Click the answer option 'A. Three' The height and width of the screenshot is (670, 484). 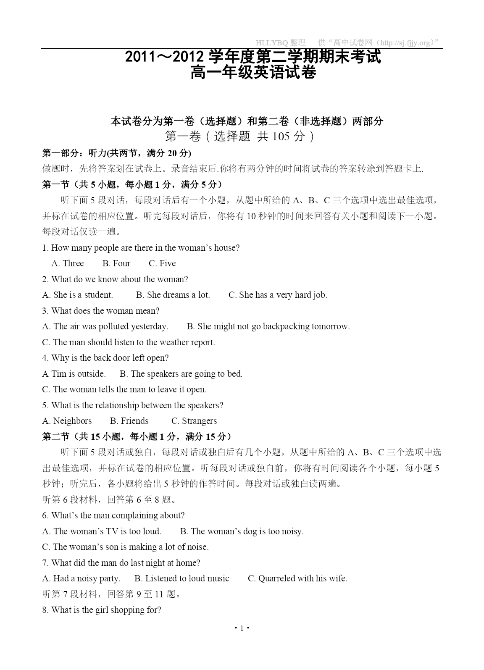(x=68, y=263)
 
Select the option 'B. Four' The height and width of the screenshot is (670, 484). (x=116, y=263)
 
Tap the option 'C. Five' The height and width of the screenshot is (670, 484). (x=162, y=263)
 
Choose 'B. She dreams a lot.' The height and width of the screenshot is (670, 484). (x=173, y=295)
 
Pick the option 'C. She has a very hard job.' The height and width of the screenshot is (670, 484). (x=278, y=295)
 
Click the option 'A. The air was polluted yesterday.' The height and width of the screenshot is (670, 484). (x=105, y=326)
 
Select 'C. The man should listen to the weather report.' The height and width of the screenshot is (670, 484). (x=129, y=342)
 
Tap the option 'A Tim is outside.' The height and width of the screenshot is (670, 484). (x=74, y=374)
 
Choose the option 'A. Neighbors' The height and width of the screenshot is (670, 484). (x=67, y=421)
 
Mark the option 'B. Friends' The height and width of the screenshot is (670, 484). (x=129, y=421)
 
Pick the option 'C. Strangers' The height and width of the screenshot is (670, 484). (x=194, y=421)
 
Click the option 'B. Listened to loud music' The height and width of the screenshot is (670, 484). (x=182, y=578)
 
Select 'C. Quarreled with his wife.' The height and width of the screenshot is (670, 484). (x=297, y=578)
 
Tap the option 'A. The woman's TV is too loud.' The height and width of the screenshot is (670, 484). (x=102, y=531)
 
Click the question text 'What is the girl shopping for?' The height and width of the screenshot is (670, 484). (x=106, y=610)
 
